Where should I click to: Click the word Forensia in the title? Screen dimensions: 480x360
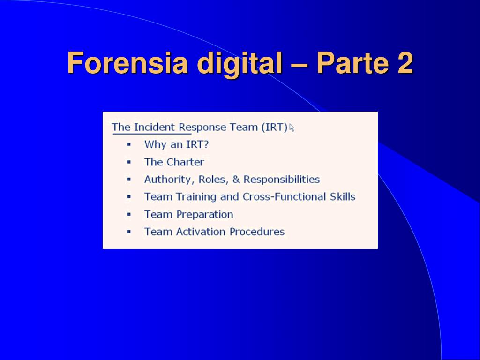(x=127, y=63)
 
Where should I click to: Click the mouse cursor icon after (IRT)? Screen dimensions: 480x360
(x=292, y=127)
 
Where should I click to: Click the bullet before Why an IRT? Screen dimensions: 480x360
(x=129, y=144)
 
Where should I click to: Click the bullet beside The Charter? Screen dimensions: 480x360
(x=129, y=162)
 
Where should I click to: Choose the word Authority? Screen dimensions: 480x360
(x=169, y=180)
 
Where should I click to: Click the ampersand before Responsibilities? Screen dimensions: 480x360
(x=236, y=180)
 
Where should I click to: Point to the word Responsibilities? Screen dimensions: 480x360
(x=282, y=180)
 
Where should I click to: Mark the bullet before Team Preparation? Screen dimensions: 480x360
(x=129, y=214)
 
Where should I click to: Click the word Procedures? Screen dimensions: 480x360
(x=257, y=232)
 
